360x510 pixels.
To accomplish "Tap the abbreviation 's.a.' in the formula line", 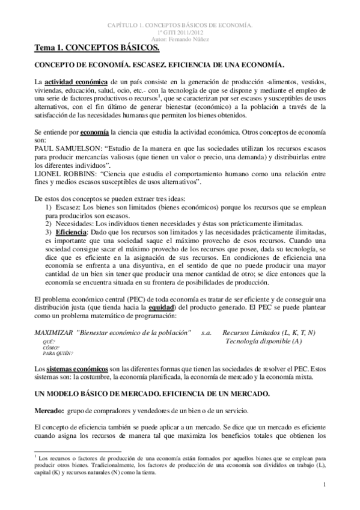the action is click(x=207, y=333).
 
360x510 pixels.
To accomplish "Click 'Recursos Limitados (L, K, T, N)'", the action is click(x=269, y=333).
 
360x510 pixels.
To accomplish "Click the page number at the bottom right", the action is click(x=324, y=484).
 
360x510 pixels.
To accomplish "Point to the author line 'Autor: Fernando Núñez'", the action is click(x=179, y=38).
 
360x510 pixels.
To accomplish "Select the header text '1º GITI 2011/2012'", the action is click(x=179, y=32).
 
